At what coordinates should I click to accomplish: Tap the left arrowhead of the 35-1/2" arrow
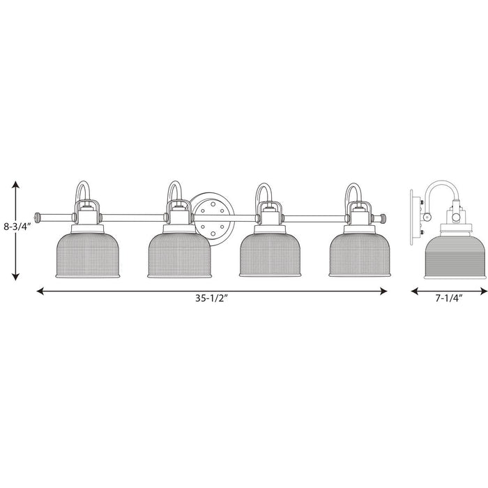pyautogui.click(x=41, y=291)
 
